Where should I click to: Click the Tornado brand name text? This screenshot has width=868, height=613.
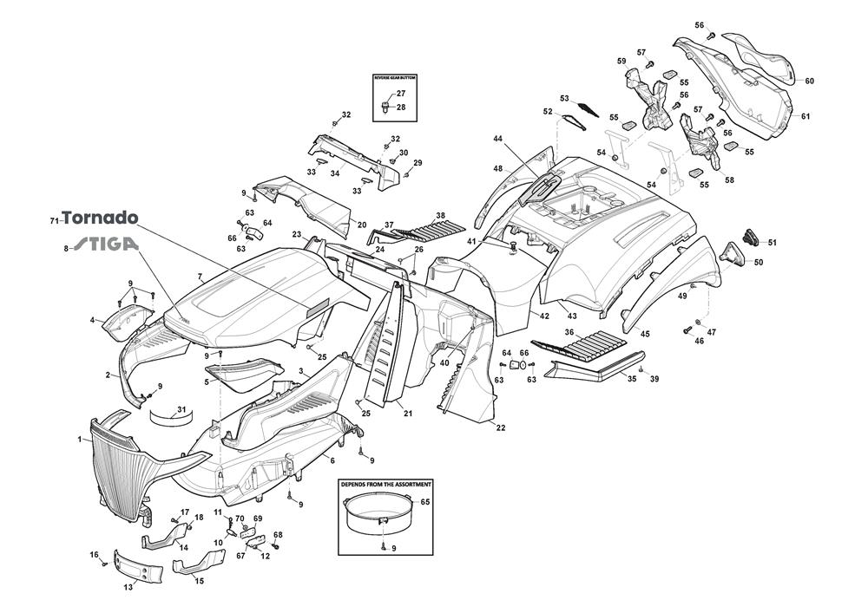(100, 218)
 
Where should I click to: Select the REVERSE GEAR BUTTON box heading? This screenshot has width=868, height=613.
(395, 78)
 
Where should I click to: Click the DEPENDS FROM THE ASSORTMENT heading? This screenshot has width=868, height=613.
(385, 484)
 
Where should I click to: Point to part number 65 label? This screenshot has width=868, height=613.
(425, 502)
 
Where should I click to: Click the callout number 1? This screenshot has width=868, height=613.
(79, 440)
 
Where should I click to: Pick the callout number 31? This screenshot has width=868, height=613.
(181, 409)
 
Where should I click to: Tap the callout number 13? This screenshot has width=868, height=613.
(128, 587)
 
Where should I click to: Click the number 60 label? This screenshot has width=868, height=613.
(809, 82)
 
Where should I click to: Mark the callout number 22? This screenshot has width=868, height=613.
(501, 427)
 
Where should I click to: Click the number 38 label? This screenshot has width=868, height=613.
(440, 215)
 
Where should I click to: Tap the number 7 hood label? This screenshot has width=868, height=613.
(200, 277)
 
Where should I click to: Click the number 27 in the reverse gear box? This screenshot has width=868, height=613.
(401, 94)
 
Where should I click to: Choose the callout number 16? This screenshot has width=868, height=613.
(94, 555)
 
